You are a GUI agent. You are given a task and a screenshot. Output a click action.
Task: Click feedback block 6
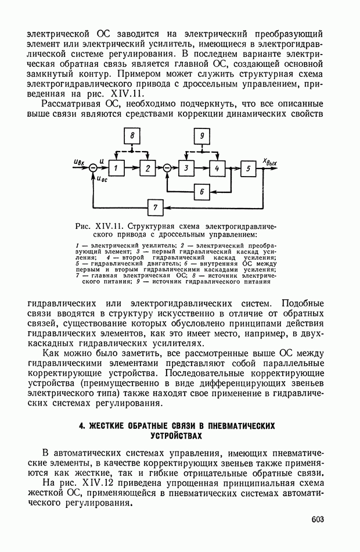coord(201,191)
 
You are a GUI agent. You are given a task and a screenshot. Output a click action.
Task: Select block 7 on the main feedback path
coord(155,207)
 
